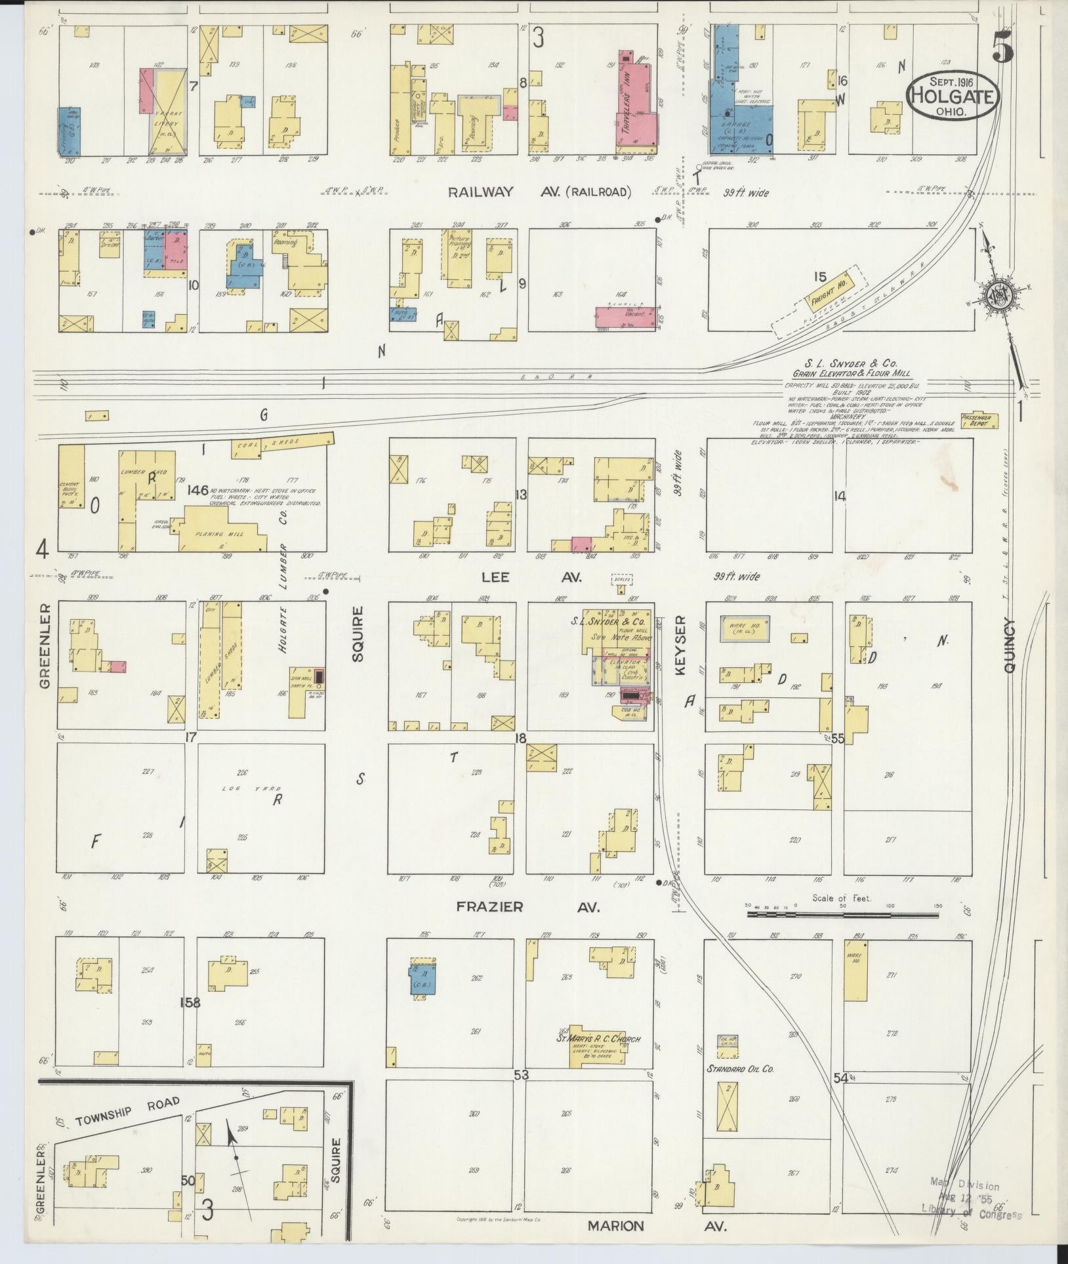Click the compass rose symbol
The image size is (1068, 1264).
[x=1000, y=297]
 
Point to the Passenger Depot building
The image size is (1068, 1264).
[x=979, y=420]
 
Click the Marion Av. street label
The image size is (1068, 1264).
[x=656, y=1225]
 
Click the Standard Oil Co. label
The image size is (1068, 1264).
[x=740, y=1069]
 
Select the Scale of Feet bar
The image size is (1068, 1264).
[x=844, y=907]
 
